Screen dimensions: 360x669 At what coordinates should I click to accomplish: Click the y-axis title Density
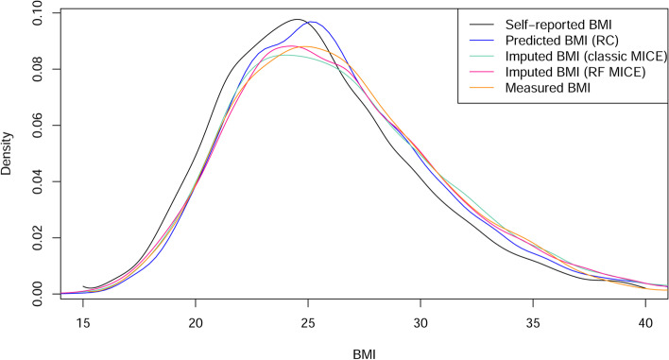tap(9, 154)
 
